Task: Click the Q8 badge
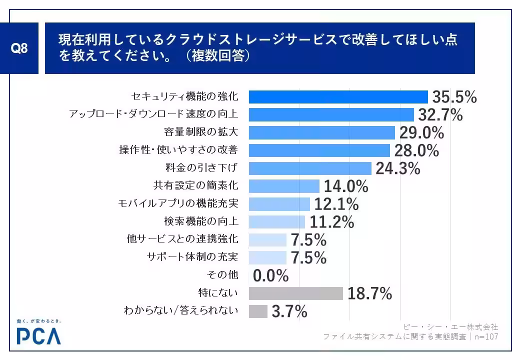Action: tap(19, 48)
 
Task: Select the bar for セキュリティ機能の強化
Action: tap(338, 96)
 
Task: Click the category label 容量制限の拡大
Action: tap(200, 132)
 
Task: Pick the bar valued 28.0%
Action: tap(319, 150)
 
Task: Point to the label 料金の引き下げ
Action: tap(200, 167)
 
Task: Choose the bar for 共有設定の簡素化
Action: tap(283, 186)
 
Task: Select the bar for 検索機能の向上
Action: tap(276, 221)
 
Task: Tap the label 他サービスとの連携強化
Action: tap(182, 239)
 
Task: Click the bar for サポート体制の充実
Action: tap(267, 257)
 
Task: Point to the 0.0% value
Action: tap(271, 275)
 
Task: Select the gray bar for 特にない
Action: tap(295, 293)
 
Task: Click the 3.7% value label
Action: tap(289, 311)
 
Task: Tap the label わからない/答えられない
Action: tap(180, 311)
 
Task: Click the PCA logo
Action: tap(38, 336)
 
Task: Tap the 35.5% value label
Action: tap(454, 96)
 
